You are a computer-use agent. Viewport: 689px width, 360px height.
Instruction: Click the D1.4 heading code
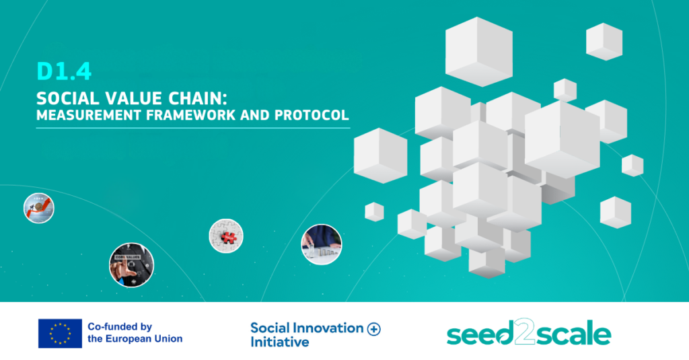click(x=64, y=71)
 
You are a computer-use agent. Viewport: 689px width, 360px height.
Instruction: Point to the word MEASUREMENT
click(x=89, y=115)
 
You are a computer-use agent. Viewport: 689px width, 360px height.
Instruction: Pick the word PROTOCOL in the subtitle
click(x=312, y=115)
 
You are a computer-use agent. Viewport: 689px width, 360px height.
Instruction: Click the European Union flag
click(x=60, y=333)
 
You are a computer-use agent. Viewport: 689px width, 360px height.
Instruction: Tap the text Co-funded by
click(x=120, y=326)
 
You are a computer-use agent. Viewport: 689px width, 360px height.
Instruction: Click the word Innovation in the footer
click(x=328, y=328)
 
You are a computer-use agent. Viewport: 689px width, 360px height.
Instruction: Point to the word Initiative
click(x=279, y=342)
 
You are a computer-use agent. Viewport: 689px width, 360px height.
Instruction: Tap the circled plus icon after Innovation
click(x=374, y=329)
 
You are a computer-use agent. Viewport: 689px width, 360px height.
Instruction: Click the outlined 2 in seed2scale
click(x=524, y=331)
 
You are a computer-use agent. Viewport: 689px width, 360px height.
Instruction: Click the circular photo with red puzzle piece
click(x=226, y=236)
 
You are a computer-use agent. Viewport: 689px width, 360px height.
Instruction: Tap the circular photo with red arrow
click(x=38, y=208)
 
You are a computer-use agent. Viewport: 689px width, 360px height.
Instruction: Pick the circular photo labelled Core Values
click(x=131, y=265)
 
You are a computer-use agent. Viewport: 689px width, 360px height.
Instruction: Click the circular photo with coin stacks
click(x=321, y=244)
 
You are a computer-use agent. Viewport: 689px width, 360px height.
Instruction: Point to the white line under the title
click(x=193, y=128)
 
